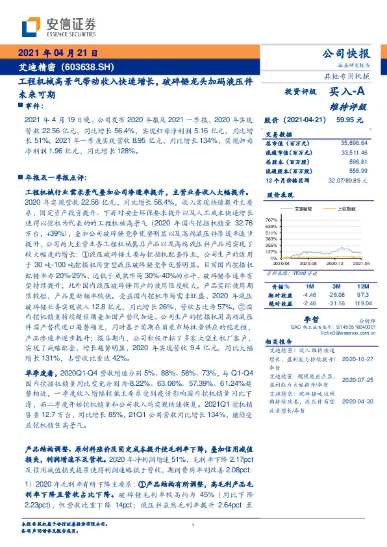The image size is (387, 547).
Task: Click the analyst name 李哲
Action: click(312, 320)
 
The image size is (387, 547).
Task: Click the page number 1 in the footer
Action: click(193, 526)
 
